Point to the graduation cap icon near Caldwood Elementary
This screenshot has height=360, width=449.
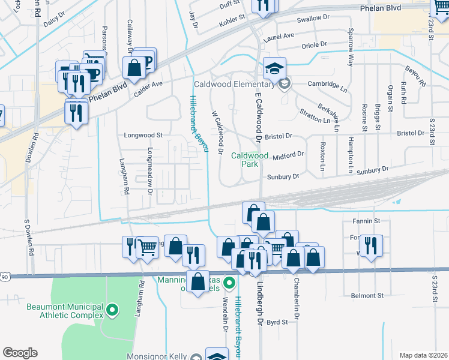(274, 69)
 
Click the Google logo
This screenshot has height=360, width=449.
(20, 353)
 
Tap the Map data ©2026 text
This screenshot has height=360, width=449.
(423, 355)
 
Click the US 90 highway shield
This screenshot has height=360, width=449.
(5, 277)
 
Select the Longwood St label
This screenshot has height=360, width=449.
(143, 136)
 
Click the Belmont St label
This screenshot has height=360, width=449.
(367, 296)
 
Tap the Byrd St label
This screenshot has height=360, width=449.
(277, 322)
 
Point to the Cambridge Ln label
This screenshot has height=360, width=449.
(328, 85)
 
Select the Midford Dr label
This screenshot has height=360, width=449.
(289, 155)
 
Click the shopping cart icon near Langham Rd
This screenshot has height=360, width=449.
(147, 247)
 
